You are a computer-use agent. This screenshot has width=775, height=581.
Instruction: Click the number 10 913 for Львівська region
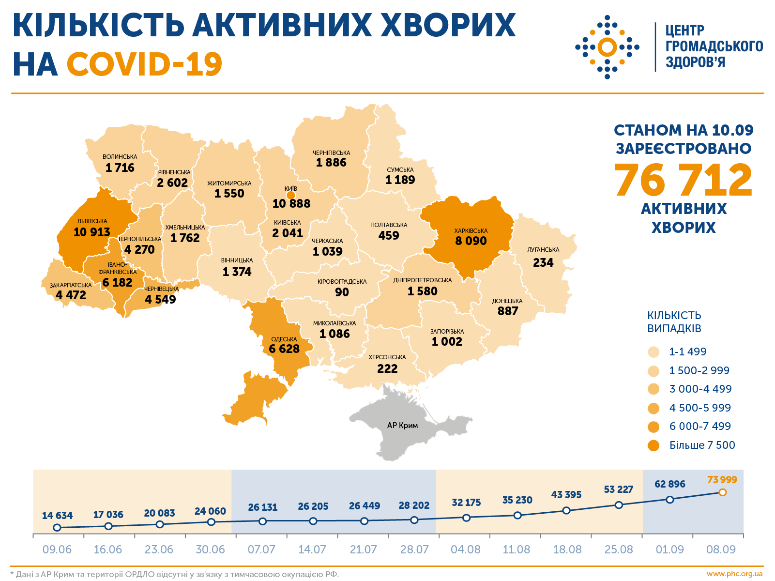pos(91,232)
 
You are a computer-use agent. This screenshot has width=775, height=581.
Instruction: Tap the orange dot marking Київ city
pos(290,196)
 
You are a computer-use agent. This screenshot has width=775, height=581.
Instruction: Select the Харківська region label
pos(471,231)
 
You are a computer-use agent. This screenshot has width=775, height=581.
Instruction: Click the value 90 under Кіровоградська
pos(342,292)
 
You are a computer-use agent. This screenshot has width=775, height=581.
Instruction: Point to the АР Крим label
pos(402,426)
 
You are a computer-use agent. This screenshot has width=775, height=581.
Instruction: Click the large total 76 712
pos(684,180)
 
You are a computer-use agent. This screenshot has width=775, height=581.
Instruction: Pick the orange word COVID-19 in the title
pos(144,64)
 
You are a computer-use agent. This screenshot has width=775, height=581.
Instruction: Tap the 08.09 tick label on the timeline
pos(721,550)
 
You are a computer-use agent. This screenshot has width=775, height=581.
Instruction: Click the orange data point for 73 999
pos(722,492)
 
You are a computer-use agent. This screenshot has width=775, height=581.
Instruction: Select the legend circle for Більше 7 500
pos(653,445)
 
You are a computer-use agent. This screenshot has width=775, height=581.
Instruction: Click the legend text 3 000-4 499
pos(700,389)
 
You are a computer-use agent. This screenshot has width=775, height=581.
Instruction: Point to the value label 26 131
pos(262,507)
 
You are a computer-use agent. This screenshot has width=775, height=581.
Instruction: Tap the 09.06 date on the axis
pos(57,550)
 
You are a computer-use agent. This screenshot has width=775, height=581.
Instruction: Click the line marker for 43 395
pos(567,510)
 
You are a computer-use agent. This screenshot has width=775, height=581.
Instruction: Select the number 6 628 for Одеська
pos(284,349)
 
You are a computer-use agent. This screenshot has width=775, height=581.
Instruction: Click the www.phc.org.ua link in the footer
pos(734,574)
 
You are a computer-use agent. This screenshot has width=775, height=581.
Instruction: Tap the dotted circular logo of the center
pos(607,47)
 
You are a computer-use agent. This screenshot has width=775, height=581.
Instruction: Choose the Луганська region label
pos(543,250)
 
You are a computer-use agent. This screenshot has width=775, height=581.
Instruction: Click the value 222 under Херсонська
pos(387,369)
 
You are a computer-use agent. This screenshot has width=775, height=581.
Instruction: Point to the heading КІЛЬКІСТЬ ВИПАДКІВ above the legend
pos(674,322)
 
